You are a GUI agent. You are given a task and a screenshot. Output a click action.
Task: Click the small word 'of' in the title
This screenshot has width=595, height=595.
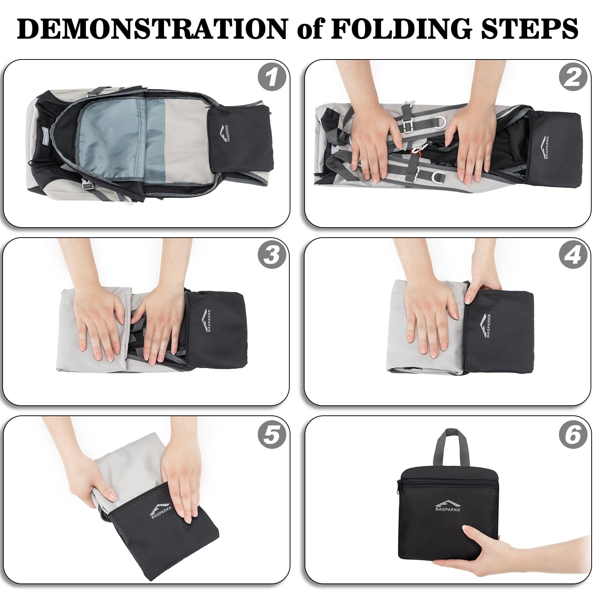point(309,28)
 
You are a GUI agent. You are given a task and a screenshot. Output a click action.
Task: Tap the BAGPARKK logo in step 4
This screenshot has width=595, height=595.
point(486,325)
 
